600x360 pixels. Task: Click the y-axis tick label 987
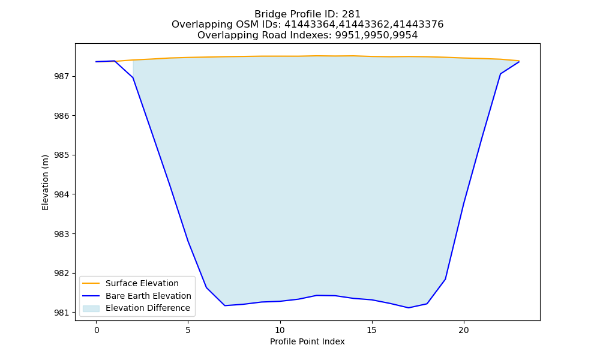(x=62, y=77)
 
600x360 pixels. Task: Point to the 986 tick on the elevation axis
(x=62, y=116)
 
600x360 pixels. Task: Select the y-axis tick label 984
(x=62, y=194)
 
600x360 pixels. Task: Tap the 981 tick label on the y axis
(x=62, y=313)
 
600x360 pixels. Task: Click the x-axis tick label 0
(x=97, y=330)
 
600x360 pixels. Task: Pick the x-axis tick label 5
(x=188, y=330)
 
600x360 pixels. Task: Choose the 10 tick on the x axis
(x=280, y=330)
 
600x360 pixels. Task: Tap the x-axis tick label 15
(x=371, y=330)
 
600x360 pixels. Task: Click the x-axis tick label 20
(x=463, y=330)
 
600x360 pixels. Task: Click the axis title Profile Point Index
(x=307, y=341)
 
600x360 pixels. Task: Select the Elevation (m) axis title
(x=45, y=182)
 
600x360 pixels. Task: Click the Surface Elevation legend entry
(x=142, y=283)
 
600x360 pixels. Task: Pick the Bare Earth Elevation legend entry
(x=148, y=296)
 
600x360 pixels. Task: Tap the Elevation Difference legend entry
(x=148, y=308)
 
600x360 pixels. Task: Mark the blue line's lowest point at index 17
(x=409, y=308)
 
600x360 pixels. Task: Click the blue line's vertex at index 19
(x=445, y=279)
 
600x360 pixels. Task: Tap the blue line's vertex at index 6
(x=206, y=287)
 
